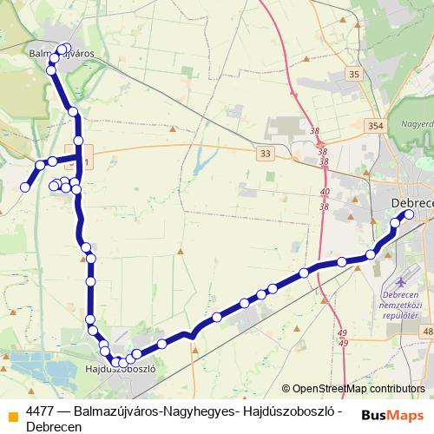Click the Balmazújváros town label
click(62, 53)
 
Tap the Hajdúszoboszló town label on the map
click(121, 368)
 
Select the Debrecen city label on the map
click(412, 202)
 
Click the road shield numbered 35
click(353, 75)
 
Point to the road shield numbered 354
click(376, 127)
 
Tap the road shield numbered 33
click(265, 154)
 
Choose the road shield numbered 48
click(427, 332)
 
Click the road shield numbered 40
click(325, 192)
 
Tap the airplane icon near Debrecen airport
click(400, 282)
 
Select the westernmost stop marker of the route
click(26, 187)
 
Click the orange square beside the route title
click(12, 413)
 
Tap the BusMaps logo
click(392, 415)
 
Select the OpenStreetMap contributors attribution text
click(358, 389)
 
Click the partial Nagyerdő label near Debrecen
click(415, 124)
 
